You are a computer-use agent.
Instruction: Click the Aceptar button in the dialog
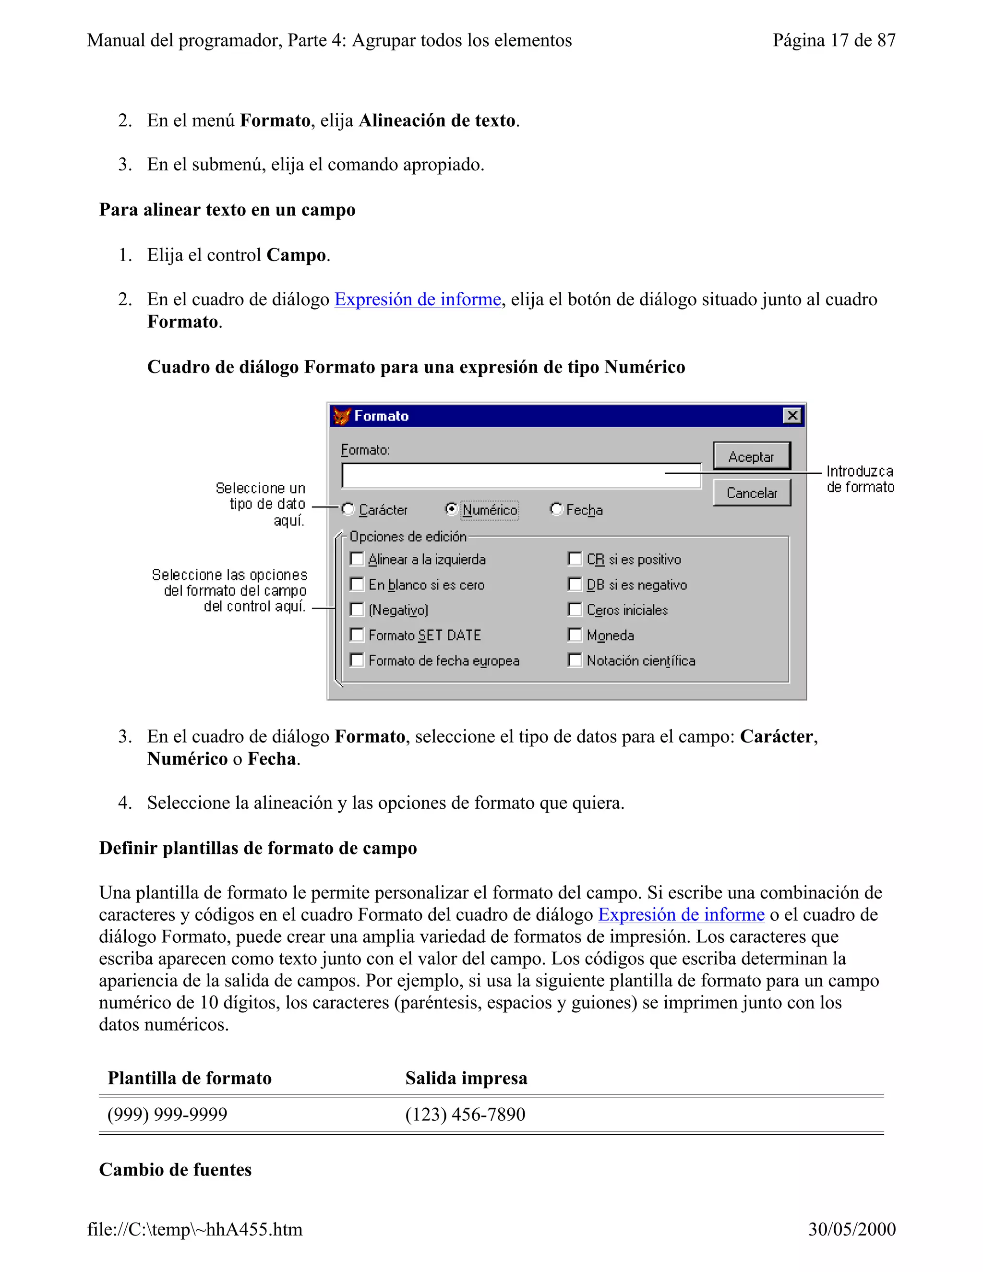(751, 456)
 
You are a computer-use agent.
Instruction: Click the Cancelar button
(751, 493)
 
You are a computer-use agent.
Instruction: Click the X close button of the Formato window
(792, 415)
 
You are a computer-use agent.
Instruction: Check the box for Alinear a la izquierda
(357, 559)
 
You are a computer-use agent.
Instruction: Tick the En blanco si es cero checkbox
(357, 584)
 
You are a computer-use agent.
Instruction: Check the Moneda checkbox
(575, 635)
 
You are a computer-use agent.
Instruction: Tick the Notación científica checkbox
(575, 660)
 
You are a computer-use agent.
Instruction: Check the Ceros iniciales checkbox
(575, 609)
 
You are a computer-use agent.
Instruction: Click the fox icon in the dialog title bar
(341, 416)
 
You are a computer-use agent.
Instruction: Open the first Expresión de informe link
(418, 300)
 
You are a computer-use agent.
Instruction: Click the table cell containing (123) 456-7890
(465, 1114)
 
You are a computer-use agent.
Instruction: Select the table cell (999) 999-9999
(168, 1114)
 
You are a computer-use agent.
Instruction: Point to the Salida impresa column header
(467, 1078)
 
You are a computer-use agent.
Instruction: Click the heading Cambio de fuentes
(175, 1169)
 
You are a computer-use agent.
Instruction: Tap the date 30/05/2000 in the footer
(851, 1229)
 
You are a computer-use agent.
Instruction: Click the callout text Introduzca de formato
(860, 479)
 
